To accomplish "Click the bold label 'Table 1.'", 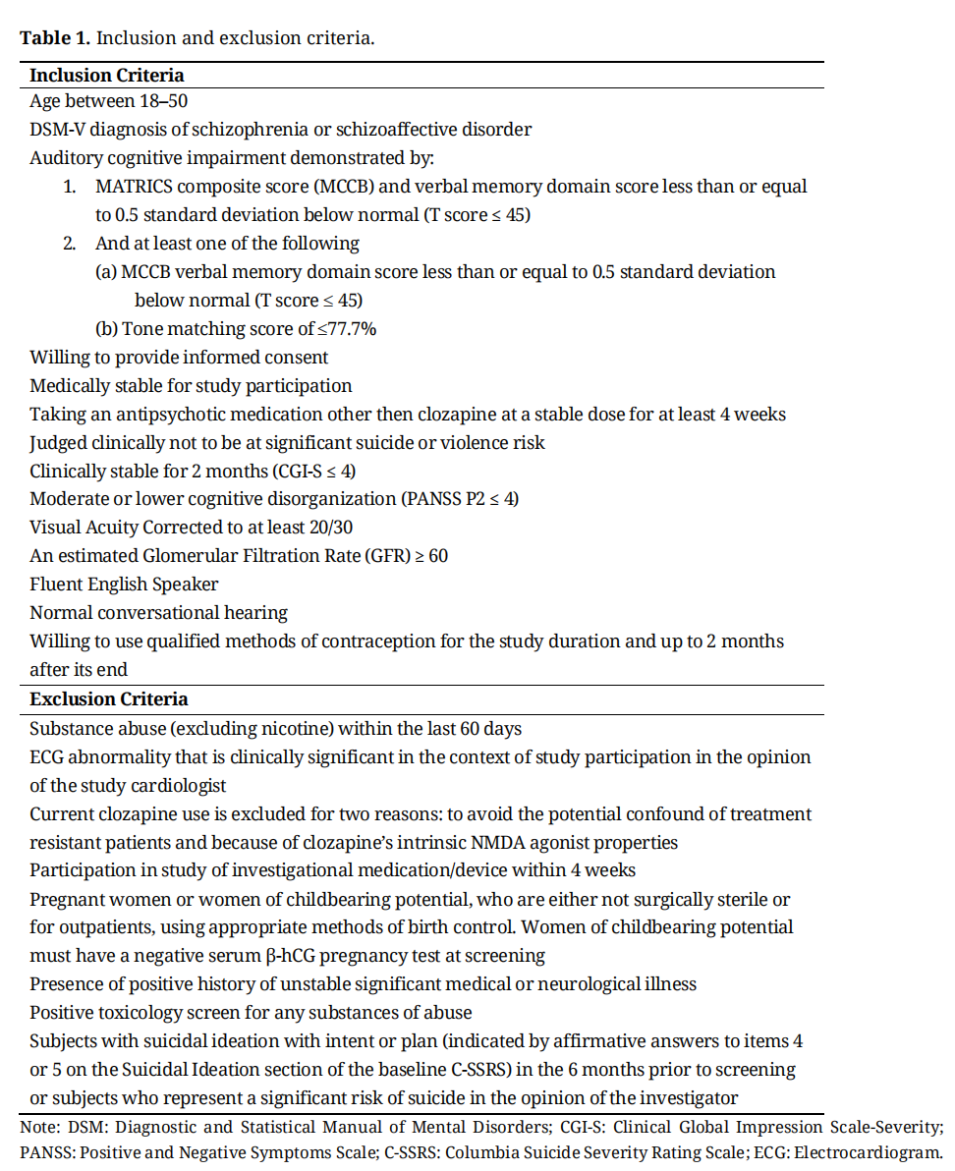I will coord(55,38).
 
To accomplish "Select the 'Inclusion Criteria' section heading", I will coord(106,75).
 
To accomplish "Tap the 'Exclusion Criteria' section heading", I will coord(108,699).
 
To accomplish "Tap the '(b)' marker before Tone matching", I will coord(106,329).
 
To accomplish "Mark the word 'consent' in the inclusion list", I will coord(296,358).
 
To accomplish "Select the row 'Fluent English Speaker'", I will coord(124,585).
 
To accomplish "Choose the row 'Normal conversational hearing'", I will coord(158,613).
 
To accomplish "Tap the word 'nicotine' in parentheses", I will coord(295,729).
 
